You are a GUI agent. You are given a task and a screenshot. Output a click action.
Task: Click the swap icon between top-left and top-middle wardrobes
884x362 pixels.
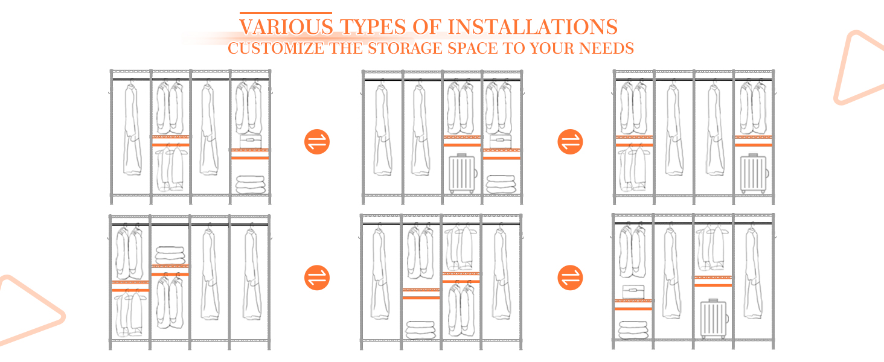pyautogui.click(x=317, y=142)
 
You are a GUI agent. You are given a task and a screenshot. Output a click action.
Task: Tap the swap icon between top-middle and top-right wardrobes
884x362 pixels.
pyautogui.click(x=570, y=142)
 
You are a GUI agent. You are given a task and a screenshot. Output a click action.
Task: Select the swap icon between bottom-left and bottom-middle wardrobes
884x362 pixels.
pyautogui.click(x=317, y=278)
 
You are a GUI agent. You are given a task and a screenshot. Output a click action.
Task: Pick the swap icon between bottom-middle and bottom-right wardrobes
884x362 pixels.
pyautogui.click(x=570, y=278)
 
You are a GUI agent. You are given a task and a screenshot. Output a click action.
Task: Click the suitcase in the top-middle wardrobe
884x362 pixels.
pyautogui.click(x=463, y=174)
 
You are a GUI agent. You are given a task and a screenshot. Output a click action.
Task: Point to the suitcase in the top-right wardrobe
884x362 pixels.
pyautogui.click(x=754, y=173)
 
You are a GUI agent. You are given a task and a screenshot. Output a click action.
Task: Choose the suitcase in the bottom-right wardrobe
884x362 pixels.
pyautogui.click(x=714, y=319)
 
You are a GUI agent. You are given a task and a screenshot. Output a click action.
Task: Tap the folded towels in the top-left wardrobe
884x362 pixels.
pyautogui.click(x=250, y=184)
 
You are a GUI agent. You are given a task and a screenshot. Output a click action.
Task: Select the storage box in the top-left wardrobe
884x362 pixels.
pyautogui.click(x=250, y=142)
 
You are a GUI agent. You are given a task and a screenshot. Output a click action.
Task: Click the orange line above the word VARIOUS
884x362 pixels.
pyautogui.click(x=286, y=13)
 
